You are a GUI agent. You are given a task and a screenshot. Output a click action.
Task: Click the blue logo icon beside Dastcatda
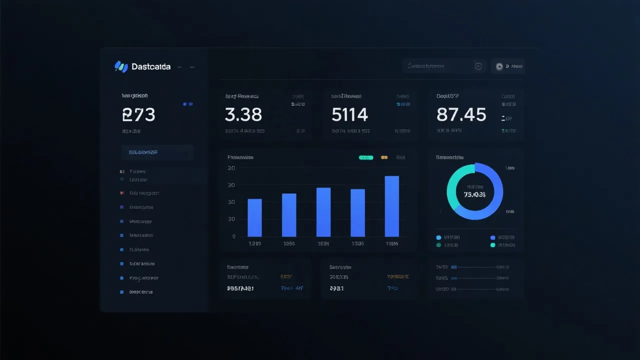pyautogui.click(x=121, y=66)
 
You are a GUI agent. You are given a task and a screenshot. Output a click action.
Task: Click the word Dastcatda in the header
pyautogui.click(x=151, y=66)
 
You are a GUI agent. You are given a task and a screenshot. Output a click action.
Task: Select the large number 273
pyautogui.click(x=138, y=115)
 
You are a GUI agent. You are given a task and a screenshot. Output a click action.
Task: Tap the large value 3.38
pyautogui.click(x=243, y=115)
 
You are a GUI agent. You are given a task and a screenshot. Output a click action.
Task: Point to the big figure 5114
pyautogui.click(x=349, y=115)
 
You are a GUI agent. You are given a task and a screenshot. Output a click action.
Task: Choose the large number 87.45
pyautogui.click(x=461, y=115)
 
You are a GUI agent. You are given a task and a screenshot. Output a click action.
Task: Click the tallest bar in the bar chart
pyautogui.click(x=391, y=206)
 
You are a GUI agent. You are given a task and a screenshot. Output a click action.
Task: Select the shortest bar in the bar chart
pyautogui.click(x=254, y=217)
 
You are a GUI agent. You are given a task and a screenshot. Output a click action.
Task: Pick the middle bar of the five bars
pyautogui.click(x=323, y=212)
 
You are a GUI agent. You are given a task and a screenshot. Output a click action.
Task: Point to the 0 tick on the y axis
pyautogui.click(x=233, y=236)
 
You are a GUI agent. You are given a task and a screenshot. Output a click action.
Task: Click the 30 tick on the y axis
pyautogui.click(x=231, y=202)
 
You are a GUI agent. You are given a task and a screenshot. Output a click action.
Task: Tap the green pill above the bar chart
pyautogui.click(x=366, y=157)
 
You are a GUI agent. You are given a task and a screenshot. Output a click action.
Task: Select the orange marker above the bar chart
pyautogui.click(x=384, y=157)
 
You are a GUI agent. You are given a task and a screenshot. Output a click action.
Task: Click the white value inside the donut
pyautogui.click(x=475, y=194)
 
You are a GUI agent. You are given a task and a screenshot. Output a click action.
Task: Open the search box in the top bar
pyautogui.click(x=437, y=66)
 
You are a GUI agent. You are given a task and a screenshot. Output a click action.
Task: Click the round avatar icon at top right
pyautogui.click(x=499, y=66)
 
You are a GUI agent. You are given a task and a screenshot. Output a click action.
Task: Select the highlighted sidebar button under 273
pyautogui.click(x=157, y=152)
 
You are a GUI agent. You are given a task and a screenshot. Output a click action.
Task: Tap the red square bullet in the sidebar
pyautogui.click(x=121, y=193)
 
